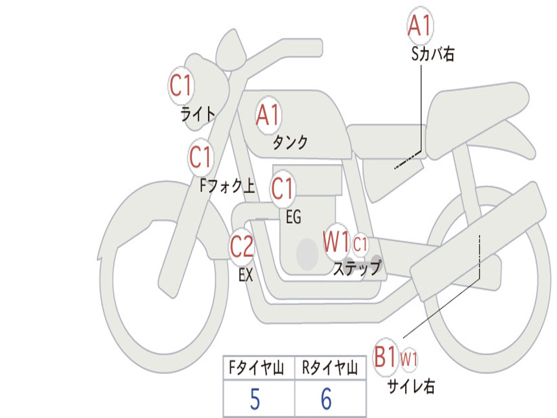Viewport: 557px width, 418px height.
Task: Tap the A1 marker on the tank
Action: [268, 115]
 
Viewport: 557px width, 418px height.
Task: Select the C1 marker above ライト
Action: [181, 85]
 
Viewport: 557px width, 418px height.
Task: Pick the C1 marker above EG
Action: [282, 188]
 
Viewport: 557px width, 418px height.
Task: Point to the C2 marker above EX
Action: [242, 247]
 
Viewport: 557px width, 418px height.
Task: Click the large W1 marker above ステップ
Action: [336, 242]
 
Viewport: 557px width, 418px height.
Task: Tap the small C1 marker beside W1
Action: [360, 244]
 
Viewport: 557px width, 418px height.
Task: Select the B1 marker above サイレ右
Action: [386, 356]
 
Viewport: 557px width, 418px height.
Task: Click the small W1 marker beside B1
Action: [409, 359]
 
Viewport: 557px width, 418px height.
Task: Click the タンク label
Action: [290, 142]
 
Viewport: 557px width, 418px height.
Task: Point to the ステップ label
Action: [357, 268]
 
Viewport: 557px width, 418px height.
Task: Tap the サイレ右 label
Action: [411, 386]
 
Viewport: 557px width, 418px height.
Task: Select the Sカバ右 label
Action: [432, 54]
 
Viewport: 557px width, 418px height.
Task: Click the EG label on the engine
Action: [293, 217]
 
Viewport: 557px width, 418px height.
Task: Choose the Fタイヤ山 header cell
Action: [259, 368]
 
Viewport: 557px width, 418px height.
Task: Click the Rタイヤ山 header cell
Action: [330, 368]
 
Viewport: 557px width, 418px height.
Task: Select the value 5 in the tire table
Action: [255, 399]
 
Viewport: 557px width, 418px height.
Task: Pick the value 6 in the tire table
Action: [326, 399]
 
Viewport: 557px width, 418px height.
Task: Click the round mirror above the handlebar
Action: [231, 51]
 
